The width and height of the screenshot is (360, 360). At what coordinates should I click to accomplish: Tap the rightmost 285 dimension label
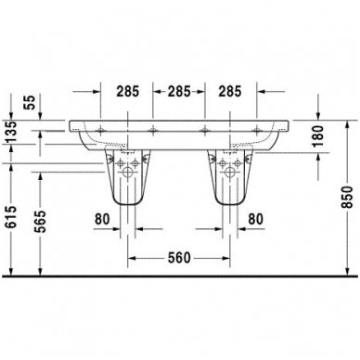[233, 92]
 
